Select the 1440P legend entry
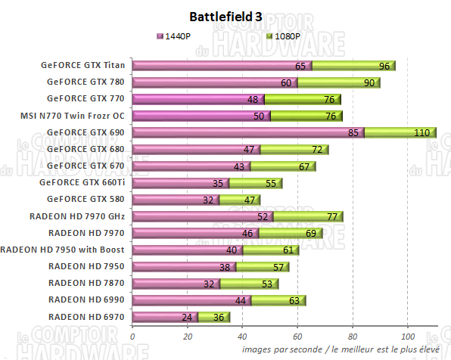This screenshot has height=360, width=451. (179, 36)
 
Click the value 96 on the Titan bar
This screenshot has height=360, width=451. (384, 66)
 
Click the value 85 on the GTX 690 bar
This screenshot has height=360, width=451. (355, 133)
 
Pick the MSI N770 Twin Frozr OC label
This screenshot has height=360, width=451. (73, 116)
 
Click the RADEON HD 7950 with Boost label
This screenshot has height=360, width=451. (65, 250)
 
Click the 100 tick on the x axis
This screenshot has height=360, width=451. (407, 337)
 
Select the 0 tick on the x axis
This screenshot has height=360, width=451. (132, 337)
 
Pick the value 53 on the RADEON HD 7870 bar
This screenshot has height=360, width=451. (267, 284)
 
